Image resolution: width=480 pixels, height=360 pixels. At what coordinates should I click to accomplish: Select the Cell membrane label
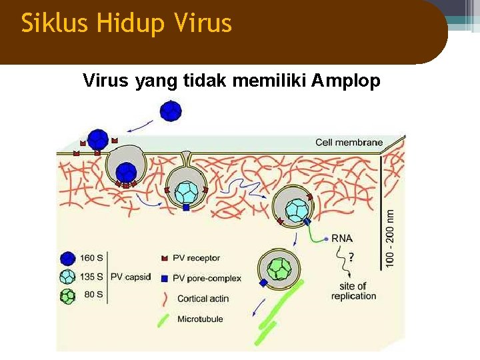coord(349,142)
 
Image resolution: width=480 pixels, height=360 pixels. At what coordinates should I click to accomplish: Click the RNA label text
coord(342,238)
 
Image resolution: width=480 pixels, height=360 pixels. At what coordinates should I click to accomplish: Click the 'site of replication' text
coord(353,291)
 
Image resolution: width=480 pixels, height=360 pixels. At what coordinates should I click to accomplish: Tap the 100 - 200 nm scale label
coord(390,236)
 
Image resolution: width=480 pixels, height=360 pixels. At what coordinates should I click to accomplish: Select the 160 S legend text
coord(91,258)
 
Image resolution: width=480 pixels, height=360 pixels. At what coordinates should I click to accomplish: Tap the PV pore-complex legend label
coord(207,277)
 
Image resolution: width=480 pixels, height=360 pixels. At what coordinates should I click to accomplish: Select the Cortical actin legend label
coord(203,299)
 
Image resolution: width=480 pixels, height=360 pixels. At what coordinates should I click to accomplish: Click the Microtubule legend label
coord(200,319)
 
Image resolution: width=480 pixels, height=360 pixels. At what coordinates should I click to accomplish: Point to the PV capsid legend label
coord(131,276)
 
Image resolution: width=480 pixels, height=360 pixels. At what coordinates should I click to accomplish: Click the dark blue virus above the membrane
coord(171,110)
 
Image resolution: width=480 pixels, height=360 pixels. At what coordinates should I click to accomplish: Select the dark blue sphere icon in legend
coord(67,259)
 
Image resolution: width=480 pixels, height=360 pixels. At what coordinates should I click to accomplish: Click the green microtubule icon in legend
coord(163,319)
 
